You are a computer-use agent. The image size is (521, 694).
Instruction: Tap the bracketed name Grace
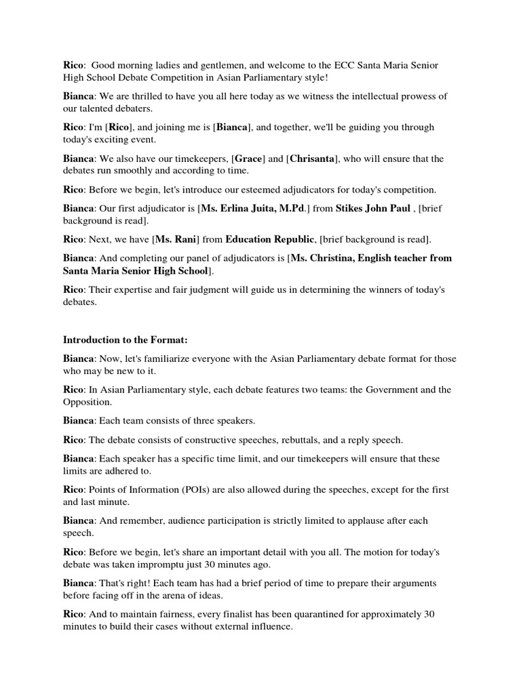(x=248, y=159)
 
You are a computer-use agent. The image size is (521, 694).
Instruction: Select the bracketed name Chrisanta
(x=313, y=159)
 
